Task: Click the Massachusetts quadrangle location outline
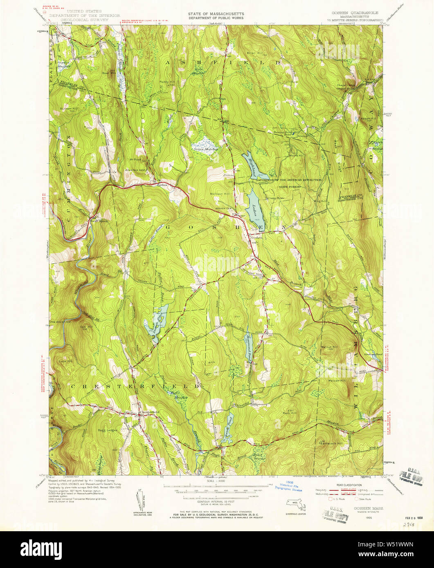295,506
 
